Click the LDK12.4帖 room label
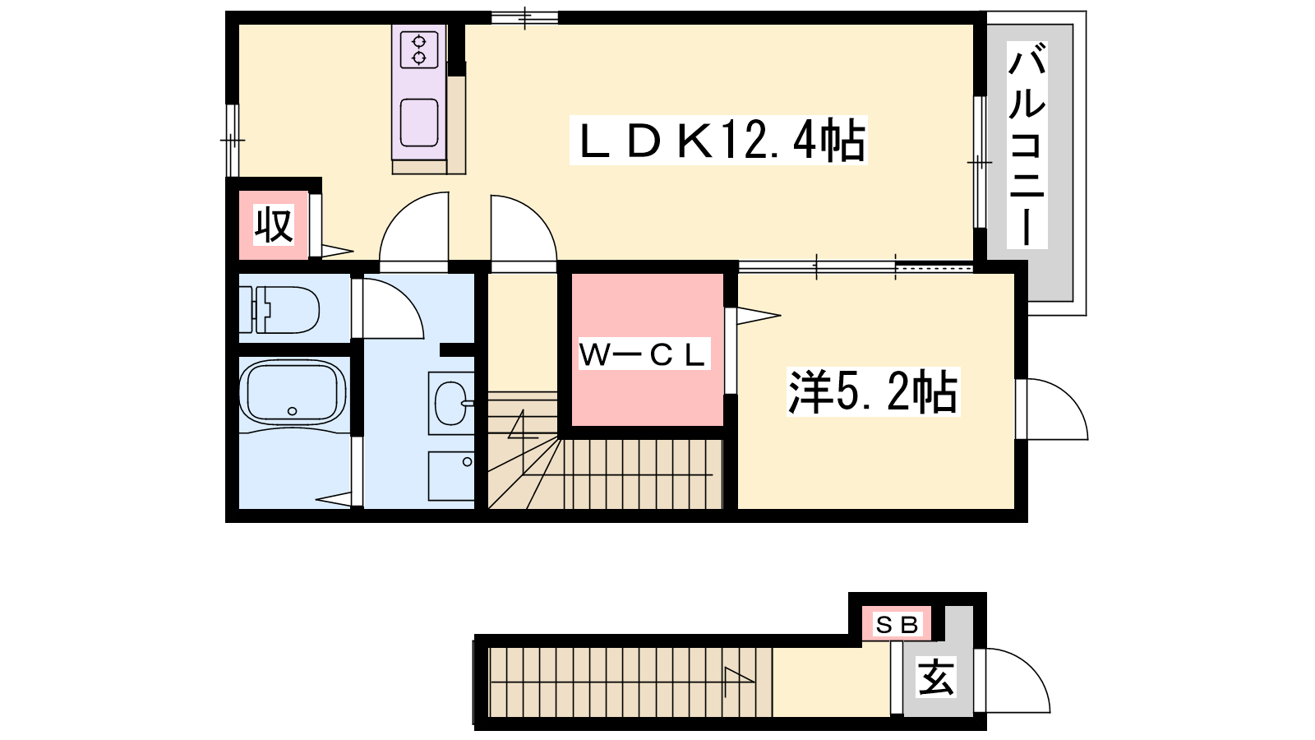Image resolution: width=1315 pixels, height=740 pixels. point(719,141)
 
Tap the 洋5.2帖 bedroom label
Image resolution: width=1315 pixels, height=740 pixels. point(873,392)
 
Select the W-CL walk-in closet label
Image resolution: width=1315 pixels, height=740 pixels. point(644,354)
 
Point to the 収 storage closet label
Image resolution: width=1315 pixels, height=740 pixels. point(274,224)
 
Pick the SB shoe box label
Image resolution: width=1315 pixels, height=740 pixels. point(897,625)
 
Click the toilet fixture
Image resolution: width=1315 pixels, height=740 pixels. point(284,309)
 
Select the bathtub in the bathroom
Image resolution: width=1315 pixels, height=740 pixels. point(292,393)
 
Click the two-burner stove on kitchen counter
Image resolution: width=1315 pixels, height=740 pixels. point(419,49)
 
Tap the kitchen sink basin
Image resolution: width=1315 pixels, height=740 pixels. point(419,122)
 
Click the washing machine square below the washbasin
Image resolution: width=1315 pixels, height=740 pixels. point(451,476)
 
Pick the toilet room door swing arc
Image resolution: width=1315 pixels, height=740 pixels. point(390,308)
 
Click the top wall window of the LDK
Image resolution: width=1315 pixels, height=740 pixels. point(524,17)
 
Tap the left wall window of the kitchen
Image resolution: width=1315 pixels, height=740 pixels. point(233,141)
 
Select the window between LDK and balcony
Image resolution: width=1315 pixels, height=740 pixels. point(979,162)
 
